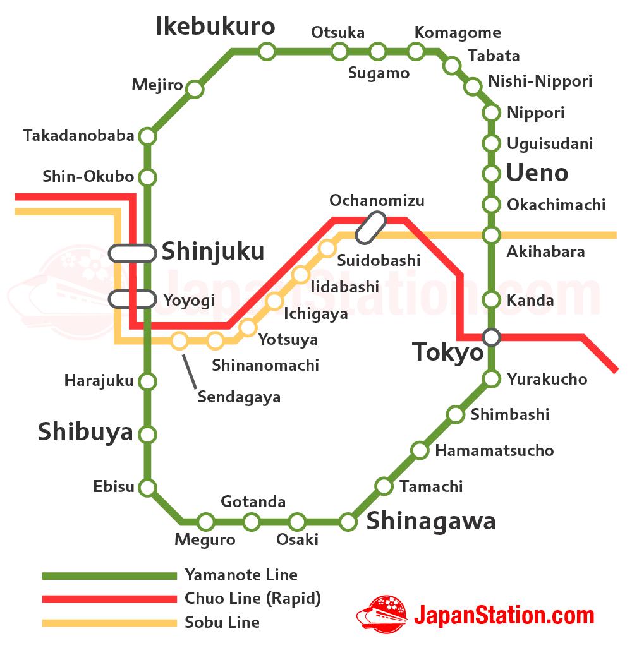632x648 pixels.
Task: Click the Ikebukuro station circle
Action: click(267, 51)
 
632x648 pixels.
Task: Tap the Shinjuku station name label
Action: click(213, 251)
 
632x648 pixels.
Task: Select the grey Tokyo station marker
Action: click(492, 337)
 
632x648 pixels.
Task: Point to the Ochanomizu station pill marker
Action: click(371, 227)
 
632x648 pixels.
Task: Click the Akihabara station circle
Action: click(492, 235)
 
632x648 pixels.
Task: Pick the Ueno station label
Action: click(537, 173)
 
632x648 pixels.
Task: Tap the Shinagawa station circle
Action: click(348, 522)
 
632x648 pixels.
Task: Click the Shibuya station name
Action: click(85, 432)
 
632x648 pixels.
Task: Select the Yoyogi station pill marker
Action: click(132, 299)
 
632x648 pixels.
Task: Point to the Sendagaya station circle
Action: click(179, 341)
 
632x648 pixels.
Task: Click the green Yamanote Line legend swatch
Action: click(109, 575)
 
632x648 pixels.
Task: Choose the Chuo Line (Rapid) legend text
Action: click(253, 598)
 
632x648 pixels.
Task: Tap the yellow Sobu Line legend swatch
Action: click(109, 623)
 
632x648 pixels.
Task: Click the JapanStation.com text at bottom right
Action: click(504, 615)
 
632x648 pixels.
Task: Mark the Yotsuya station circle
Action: click(248, 327)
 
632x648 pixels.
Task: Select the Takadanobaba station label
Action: click(78, 136)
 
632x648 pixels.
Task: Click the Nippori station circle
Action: click(492, 112)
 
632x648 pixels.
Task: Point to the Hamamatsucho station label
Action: click(494, 450)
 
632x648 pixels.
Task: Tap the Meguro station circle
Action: click(205, 522)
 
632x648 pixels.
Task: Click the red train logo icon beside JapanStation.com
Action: click(383, 614)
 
